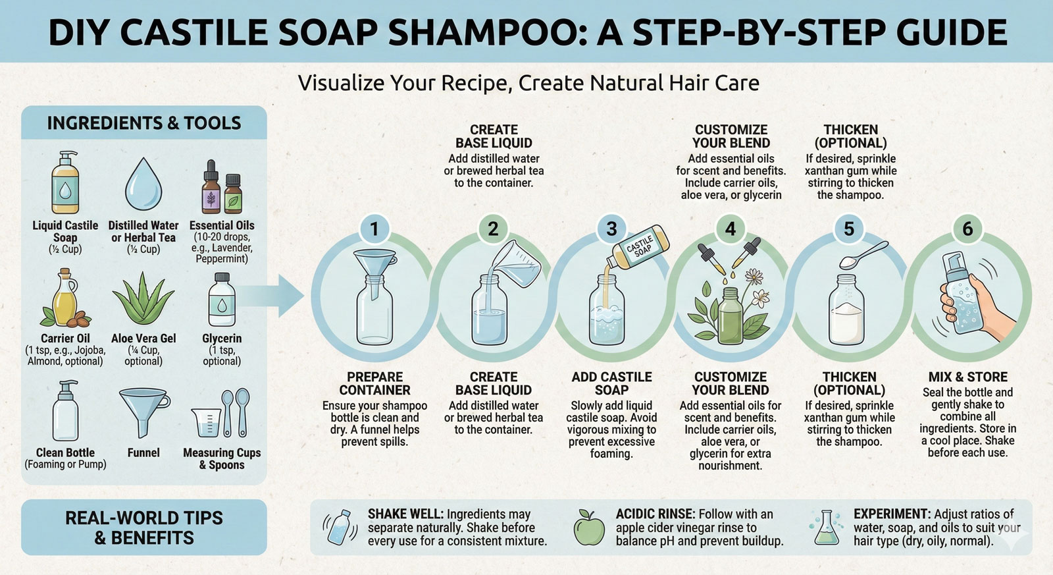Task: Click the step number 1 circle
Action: [x=374, y=229]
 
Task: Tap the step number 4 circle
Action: [x=731, y=229]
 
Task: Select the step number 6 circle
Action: [x=967, y=229]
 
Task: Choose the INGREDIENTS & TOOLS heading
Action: [x=143, y=123]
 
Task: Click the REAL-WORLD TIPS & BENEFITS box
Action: [x=143, y=528]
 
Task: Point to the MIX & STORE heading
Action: [x=967, y=377]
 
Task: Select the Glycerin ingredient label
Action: [x=222, y=339]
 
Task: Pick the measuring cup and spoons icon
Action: [x=221, y=412]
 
